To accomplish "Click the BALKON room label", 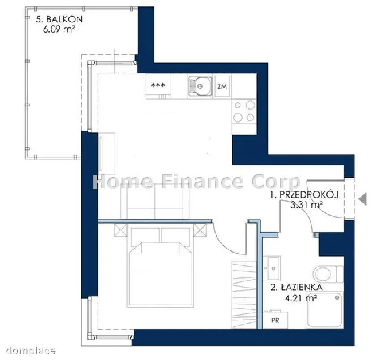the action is pos(59,19).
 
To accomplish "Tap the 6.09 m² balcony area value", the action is pos(59,30).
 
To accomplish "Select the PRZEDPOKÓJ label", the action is pos(304,195).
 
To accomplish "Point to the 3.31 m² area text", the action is pos(307,205).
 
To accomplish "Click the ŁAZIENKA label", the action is pos(296,287).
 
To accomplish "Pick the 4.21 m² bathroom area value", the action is pos(301,298).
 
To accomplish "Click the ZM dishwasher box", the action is pos(222,86).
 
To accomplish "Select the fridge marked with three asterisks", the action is pos(158,86).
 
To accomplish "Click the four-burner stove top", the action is pos(244,111).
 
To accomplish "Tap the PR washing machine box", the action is pos(275,320).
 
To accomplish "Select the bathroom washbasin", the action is pos(272,268).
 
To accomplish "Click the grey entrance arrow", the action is pos(363,199).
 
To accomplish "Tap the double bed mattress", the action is pos(160,275).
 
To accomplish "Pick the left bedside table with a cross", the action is pos(120,230).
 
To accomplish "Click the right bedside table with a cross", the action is pos(200,230).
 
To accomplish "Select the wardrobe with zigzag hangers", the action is pos(244,295).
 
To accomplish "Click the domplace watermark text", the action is pos(31,350).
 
